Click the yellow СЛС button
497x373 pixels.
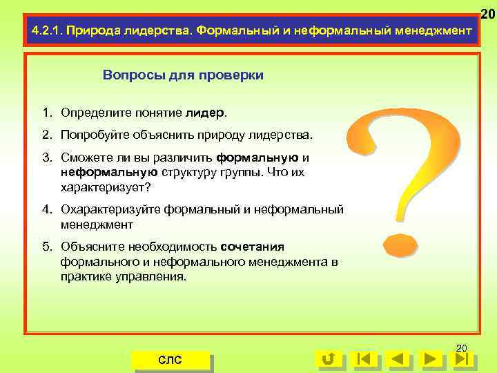tap(170, 359)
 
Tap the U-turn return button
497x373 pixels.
tap(329, 359)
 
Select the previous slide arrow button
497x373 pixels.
tap(396, 359)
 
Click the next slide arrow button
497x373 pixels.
tap(430, 359)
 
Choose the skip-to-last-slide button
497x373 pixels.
tap(462, 359)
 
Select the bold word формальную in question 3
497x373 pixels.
tap(257, 157)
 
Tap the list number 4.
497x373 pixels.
tap(45, 209)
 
